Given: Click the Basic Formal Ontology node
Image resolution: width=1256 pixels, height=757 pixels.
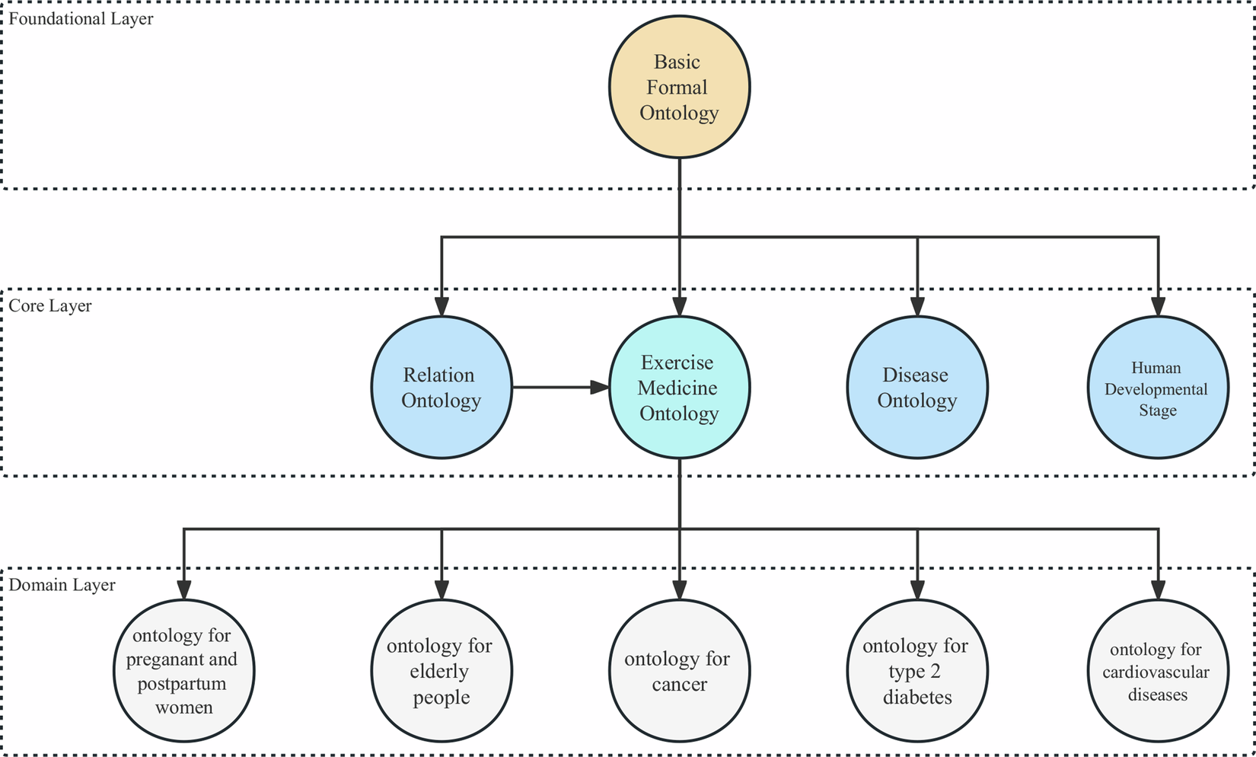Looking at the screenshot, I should click(679, 87).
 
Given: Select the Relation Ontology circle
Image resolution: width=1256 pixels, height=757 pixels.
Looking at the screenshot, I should click(442, 388).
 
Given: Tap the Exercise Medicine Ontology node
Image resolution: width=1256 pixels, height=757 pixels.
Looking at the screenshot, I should click(679, 388).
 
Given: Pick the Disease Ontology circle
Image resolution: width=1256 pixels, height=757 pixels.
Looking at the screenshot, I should click(917, 388).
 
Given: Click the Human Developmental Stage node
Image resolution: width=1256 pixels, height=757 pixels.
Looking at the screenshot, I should click(1157, 388).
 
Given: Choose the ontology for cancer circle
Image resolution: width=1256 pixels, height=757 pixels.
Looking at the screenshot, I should click(679, 671).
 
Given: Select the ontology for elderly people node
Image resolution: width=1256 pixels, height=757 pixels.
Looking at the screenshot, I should click(442, 671).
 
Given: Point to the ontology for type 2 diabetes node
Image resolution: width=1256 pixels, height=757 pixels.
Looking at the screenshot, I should click(917, 671).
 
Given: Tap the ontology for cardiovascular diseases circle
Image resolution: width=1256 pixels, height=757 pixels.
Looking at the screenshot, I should click(1157, 671).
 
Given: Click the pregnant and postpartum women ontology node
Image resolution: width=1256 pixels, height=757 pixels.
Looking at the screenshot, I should click(183, 671).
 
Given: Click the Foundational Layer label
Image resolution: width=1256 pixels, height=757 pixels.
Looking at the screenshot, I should click(81, 18).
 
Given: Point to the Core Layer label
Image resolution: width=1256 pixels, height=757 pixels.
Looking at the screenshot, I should click(50, 305).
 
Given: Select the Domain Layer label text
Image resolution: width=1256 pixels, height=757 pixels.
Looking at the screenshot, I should click(62, 585).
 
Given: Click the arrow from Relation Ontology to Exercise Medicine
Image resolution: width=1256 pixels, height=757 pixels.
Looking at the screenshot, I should click(559, 388).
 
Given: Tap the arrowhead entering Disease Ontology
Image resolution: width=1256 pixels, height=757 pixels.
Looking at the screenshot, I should click(917, 306).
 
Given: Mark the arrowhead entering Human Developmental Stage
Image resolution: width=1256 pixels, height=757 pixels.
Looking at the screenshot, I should click(1158, 306).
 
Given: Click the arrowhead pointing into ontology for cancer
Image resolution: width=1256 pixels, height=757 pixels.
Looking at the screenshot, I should click(679, 589).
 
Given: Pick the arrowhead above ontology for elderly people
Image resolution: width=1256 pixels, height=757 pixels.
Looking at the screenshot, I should click(442, 589).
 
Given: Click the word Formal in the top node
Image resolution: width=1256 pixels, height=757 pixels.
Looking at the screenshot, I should click(677, 87).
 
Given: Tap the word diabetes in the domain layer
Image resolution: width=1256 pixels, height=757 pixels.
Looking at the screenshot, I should click(917, 697).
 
